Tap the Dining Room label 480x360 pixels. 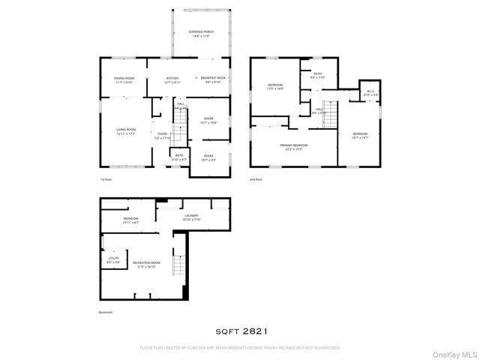(x=124, y=79)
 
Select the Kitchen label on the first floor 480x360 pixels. (x=172, y=79)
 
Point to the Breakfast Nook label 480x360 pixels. (x=214, y=79)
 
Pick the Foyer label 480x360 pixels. (x=163, y=136)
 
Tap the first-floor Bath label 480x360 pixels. (x=179, y=157)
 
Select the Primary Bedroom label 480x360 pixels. (x=294, y=146)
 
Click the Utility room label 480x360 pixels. (x=112, y=260)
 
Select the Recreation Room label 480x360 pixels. (x=144, y=264)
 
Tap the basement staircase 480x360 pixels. (x=179, y=265)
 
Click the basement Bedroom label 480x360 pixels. (x=130, y=220)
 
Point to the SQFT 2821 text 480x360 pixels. (x=239, y=329)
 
